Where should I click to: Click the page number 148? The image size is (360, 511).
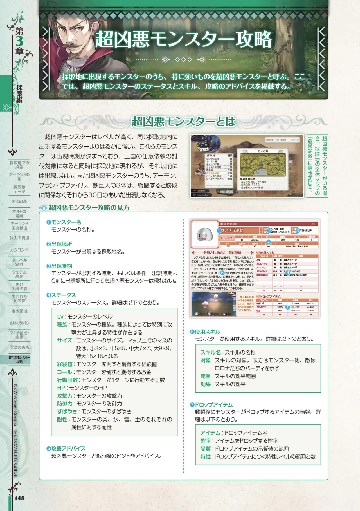pyautogui.click(x=19, y=498)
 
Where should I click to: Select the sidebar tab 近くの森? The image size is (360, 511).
pyautogui.click(x=19, y=201)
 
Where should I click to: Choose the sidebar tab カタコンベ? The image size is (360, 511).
pyautogui.click(x=19, y=250)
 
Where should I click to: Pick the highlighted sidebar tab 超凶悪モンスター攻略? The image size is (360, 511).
pyautogui.click(x=19, y=359)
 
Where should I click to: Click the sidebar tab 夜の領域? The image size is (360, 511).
pyautogui.click(x=19, y=311)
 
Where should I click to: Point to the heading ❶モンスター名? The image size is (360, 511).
pyautogui.click(x=64, y=222)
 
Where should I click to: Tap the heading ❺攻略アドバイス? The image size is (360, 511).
pyautogui.click(x=66, y=449)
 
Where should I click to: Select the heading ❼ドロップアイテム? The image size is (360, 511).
pyautogui.click(x=211, y=405)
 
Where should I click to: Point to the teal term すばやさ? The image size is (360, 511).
pyautogui.click(x=67, y=411)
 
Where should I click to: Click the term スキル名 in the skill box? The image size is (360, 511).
pyautogui.click(x=210, y=353)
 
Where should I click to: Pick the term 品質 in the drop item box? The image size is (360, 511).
pyautogui.click(x=206, y=449)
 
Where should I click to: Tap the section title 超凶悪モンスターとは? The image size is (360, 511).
pyautogui.click(x=183, y=122)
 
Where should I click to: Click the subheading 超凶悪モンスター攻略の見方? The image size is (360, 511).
pyautogui.click(x=89, y=208)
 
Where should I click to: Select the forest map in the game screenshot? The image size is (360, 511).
pyautogui.click(x=263, y=165)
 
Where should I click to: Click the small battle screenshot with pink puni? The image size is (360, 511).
pyautogui.click(x=214, y=304)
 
